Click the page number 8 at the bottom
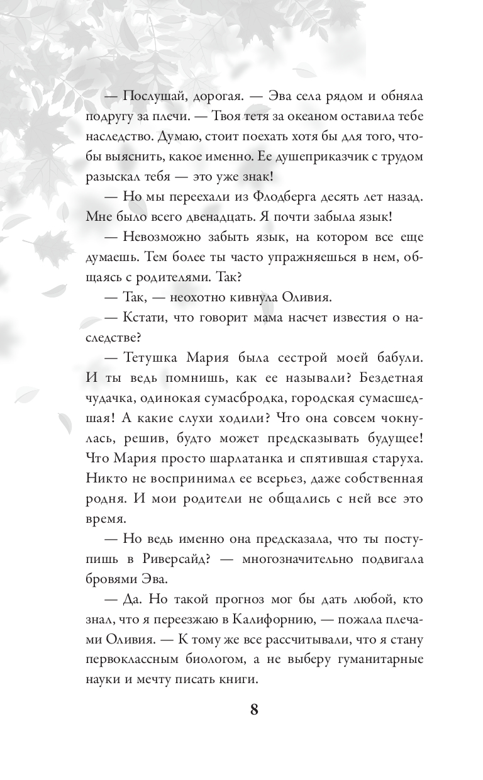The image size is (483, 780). tap(254, 710)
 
